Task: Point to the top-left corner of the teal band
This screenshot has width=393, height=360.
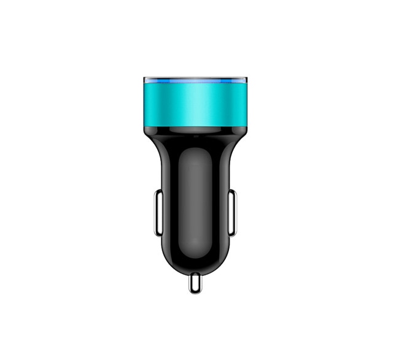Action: coord(145,86)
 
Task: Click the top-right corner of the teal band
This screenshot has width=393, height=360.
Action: coord(247,86)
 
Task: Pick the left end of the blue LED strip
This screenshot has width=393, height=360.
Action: coord(147,82)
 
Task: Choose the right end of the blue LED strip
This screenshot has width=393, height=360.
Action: coord(244,82)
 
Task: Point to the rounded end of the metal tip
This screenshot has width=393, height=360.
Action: coord(195,288)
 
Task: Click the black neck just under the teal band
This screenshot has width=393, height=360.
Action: coord(195,132)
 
